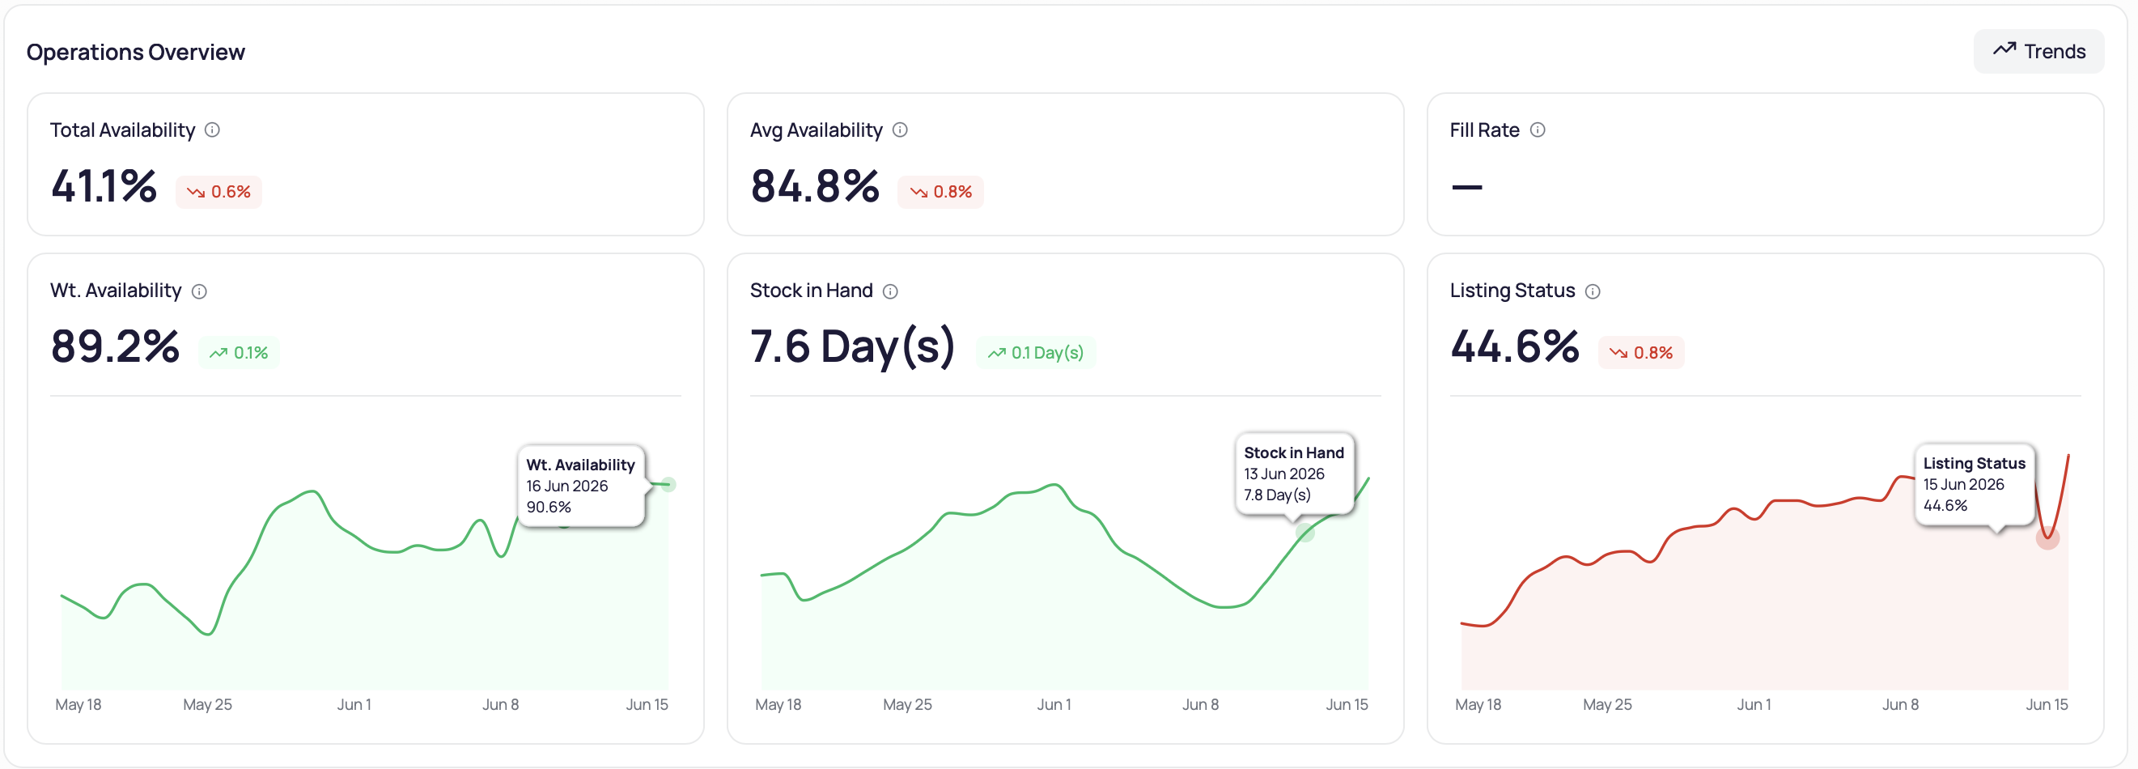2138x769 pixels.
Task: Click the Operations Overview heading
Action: [x=136, y=53]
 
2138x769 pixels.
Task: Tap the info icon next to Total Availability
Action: [x=213, y=130]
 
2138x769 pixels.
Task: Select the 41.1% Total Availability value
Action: [x=104, y=185]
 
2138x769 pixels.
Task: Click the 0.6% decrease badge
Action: [x=219, y=192]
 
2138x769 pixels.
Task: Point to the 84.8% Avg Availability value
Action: [x=815, y=185]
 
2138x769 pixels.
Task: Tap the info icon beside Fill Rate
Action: [x=1538, y=130]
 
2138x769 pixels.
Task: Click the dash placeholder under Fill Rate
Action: [x=1466, y=187]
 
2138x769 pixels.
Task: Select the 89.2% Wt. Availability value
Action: [x=116, y=346]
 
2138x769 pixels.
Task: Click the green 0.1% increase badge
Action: [x=239, y=353]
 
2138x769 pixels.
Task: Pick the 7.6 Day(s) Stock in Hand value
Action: [x=853, y=347]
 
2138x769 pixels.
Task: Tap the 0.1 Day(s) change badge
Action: [x=1036, y=353]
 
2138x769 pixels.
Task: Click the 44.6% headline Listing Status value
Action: [x=1515, y=346]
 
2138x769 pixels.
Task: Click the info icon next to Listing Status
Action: [x=1593, y=291]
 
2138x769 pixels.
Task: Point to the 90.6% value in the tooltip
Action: [x=549, y=508]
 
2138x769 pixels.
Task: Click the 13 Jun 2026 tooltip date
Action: [x=1284, y=474]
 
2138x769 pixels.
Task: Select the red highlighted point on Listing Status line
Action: [x=2047, y=538]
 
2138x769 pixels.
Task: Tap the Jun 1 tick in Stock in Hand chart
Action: [x=1054, y=705]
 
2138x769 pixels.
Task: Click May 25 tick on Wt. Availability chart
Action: [x=207, y=705]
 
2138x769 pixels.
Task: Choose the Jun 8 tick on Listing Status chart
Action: [x=1901, y=705]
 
